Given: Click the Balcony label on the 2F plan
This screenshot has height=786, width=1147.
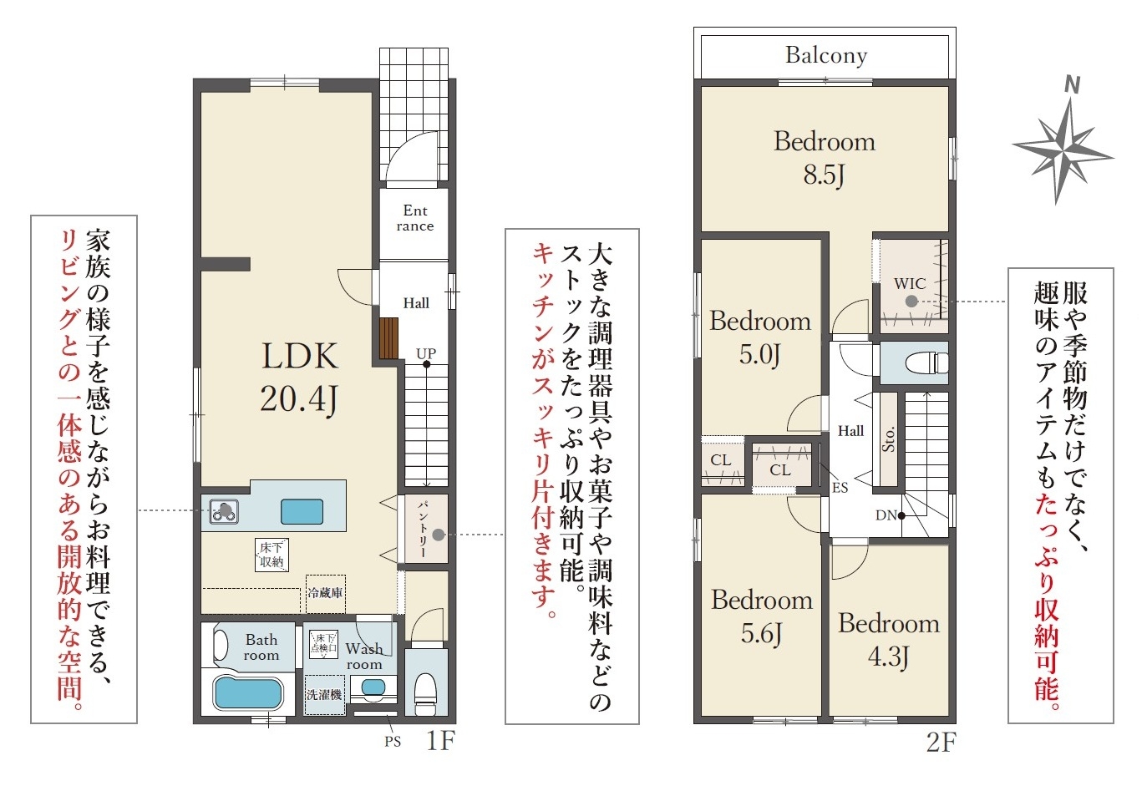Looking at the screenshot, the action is coord(826,56).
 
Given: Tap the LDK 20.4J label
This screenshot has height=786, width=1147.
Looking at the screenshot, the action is coord(300,378).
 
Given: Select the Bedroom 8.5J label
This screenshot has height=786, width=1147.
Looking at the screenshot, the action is coord(825,158).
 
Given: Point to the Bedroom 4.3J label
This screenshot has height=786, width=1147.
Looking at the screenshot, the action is coord(889,640).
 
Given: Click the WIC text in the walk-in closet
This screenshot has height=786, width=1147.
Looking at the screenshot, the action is coord(910,283).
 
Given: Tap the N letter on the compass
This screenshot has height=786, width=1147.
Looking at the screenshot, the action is coord(1073,85).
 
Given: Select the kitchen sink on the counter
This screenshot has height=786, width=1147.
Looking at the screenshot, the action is coord(302,511).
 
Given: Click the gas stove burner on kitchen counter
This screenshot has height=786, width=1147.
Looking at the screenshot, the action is coord(224,511).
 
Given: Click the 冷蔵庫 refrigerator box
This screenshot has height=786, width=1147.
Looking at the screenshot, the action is coord(325,594).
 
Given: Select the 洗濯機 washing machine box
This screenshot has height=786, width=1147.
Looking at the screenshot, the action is coord(324,695).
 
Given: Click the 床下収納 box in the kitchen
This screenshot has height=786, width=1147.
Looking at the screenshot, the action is coord(272,555).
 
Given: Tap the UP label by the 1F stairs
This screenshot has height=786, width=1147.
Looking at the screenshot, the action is coord(425,353).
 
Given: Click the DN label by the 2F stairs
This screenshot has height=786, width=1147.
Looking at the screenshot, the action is coord(886,515).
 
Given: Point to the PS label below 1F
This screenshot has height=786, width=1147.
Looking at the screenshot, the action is coord(393,742).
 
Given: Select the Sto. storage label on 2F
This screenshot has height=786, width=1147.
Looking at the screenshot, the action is coord(888,439).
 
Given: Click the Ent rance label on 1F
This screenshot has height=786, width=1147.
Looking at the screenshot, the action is coord(414,218).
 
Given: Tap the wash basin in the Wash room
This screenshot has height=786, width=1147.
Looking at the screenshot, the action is coord(373,687).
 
